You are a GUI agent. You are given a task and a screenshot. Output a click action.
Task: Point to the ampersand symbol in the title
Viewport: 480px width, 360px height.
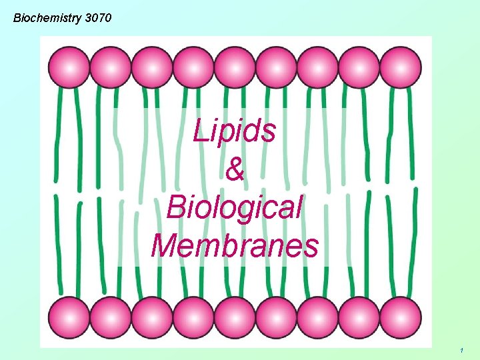[x=235, y=170]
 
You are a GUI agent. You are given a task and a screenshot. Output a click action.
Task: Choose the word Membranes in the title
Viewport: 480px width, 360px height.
[x=235, y=245]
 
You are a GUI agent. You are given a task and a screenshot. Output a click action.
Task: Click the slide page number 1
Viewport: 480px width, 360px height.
[x=461, y=350]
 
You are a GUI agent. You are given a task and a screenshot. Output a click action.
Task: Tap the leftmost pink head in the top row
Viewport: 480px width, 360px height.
[x=69, y=67]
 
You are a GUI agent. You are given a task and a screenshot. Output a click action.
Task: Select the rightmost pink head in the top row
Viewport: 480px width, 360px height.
[x=401, y=67]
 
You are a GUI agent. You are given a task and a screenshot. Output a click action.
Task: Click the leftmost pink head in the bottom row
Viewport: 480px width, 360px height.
[x=69, y=317]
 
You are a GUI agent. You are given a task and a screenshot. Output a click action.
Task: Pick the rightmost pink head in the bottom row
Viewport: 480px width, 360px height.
[x=401, y=317]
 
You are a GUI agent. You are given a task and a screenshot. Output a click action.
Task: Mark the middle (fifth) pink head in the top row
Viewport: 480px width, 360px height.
[x=235, y=67]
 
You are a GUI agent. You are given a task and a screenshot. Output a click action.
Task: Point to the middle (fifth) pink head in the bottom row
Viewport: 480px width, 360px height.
[x=235, y=317]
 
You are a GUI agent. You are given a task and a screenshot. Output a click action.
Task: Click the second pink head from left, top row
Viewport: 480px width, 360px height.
[x=110, y=67]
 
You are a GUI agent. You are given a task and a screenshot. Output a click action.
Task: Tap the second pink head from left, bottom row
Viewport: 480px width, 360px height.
[x=110, y=317]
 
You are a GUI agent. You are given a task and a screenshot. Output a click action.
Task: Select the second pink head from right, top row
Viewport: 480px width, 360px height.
[x=359, y=67]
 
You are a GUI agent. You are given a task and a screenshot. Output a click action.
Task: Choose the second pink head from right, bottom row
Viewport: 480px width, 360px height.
[x=359, y=317]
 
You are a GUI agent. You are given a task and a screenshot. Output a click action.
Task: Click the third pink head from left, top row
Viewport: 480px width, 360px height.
[x=152, y=67]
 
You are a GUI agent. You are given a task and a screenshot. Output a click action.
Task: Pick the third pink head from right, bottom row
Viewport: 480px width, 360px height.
[x=318, y=317]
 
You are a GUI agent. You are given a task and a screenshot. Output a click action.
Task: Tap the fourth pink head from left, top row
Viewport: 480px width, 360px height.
[x=193, y=67]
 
